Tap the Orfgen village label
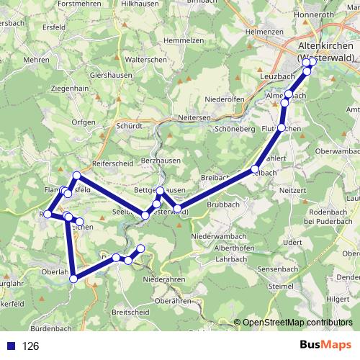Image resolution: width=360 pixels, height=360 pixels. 84,122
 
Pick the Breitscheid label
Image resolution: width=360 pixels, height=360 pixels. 131,312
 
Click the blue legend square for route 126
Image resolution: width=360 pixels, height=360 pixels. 11,346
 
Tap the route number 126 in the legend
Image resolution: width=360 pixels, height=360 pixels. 31,346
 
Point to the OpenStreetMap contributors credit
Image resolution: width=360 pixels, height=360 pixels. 297,323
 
